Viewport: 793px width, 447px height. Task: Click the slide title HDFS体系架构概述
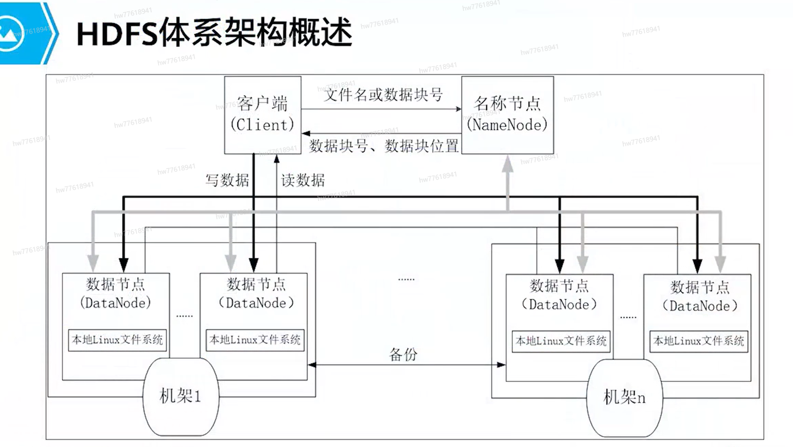tap(215, 33)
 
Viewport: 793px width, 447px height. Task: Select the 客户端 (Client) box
tap(263, 115)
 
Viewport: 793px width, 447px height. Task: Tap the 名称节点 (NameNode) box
tap(507, 115)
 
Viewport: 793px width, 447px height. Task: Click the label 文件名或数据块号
tap(383, 95)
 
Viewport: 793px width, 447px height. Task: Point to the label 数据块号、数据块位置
tap(384, 146)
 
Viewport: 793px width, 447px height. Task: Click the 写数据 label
tap(227, 180)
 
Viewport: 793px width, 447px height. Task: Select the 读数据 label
tap(303, 180)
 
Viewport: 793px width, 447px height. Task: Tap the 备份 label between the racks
tap(403, 354)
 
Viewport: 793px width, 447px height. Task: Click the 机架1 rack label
tap(180, 396)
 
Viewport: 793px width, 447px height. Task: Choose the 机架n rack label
tap(624, 397)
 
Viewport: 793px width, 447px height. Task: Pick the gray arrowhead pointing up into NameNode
tap(508, 164)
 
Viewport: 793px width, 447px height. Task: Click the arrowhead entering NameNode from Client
tap(458, 109)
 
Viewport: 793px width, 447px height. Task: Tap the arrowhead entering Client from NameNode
tap(306, 133)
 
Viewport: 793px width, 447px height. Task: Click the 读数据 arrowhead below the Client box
tap(276, 159)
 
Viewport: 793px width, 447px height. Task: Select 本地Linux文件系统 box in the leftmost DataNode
tap(117, 340)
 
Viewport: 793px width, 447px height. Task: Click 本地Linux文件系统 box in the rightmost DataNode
tap(699, 341)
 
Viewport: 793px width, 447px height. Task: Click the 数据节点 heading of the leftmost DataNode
tap(116, 284)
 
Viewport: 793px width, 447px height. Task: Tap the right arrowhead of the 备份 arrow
tap(501, 365)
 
